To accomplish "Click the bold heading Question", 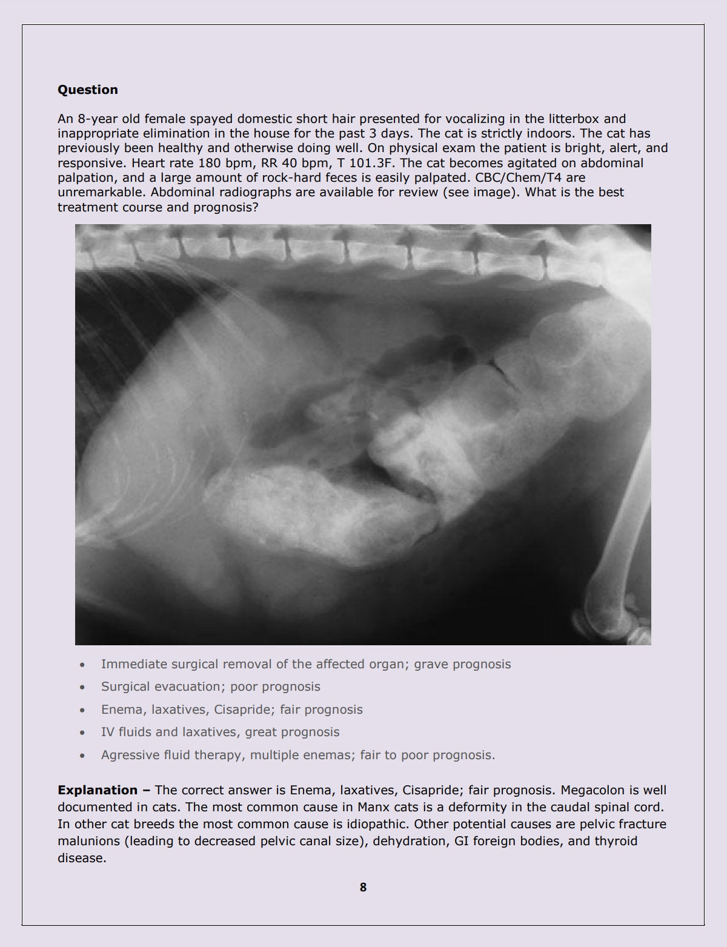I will point(87,90).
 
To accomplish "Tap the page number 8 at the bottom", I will point(363,887).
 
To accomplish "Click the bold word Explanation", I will point(97,790).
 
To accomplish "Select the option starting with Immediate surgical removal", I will point(306,664).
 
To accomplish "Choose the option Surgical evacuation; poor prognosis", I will point(210,686).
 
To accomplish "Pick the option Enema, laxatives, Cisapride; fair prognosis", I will point(231,709).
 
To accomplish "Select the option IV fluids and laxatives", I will point(220,732).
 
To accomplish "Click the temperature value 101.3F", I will point(370,163).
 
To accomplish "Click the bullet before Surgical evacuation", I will point(82,687).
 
